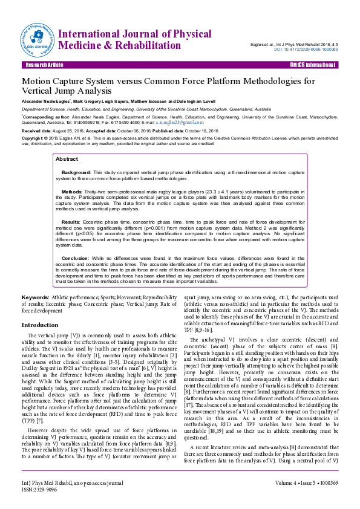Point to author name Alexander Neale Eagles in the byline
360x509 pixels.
pos(46,102)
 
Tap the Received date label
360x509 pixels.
pos(37,131)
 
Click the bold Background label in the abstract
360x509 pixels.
pos(76,172)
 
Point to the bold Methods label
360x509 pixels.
pos(73,191)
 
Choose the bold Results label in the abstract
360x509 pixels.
pos(71,222)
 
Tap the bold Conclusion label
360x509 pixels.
pos(76,258)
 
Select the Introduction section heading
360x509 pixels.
pos(40,325)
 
